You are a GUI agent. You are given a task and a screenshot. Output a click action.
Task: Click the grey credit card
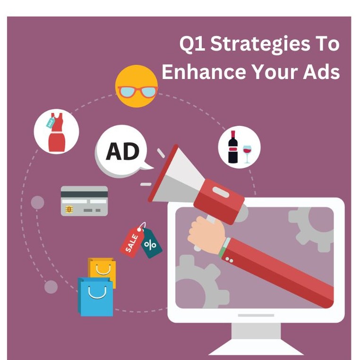point(84,201)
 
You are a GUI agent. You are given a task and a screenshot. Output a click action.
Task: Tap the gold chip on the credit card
point(69,210)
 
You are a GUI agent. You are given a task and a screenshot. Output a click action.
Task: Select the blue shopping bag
point(96,297)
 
